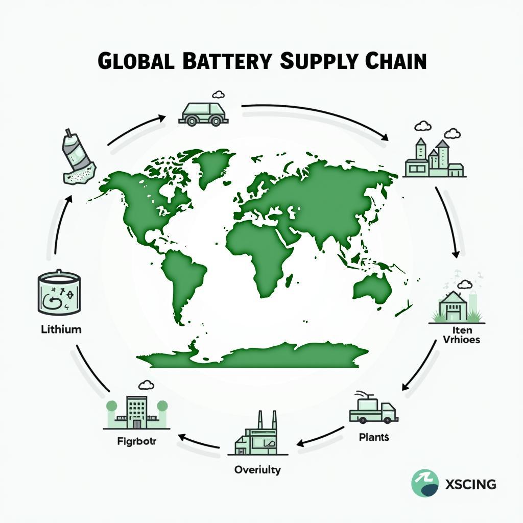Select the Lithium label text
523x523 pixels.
tap(61, 329)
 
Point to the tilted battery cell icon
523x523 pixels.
tap(77, 158)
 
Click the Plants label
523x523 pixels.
tap(374, 437)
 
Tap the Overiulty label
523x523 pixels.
tap(257, 469)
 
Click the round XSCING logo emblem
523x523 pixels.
tap(425, 483)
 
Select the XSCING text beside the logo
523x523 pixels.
tap(470, 484)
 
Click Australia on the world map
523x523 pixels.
tap(372, 286)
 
